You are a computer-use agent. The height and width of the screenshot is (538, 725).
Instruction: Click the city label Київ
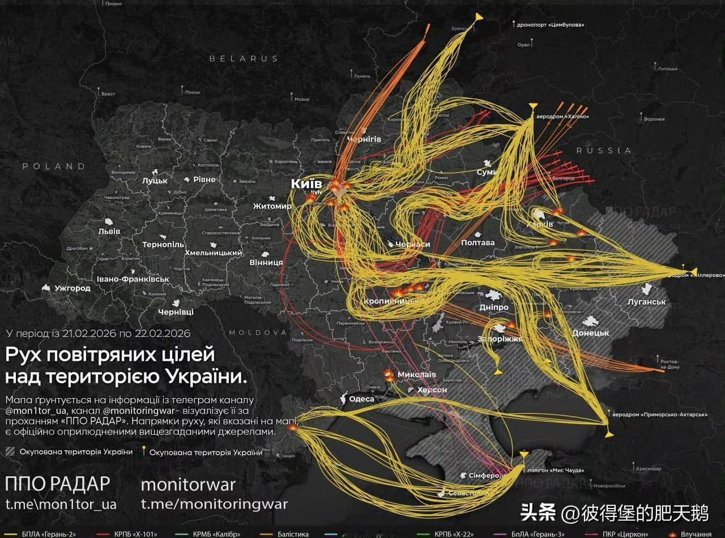click(x=306, y=184)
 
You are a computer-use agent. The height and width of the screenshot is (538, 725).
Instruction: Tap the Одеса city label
click(x=361, y=399)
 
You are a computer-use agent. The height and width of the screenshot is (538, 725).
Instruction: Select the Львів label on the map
click(x=109, y=232)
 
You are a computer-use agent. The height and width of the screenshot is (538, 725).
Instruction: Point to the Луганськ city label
click(x=646, y=302)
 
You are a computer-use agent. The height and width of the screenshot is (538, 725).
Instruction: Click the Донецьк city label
click(x=591, y=332)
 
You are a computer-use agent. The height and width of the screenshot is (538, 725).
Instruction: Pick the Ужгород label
click(x=72, y=288)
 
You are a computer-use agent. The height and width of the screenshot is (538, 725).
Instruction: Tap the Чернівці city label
click(x=176, y=312)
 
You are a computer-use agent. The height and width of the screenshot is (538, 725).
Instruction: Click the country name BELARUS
click(x=244, y=58)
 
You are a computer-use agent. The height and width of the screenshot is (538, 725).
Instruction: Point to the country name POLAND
click(x=54, y=166)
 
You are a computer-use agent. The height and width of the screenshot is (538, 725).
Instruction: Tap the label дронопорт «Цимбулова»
click(x=551, y=25)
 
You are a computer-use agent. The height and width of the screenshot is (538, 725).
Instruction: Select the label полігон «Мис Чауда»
click(x=556, y=470)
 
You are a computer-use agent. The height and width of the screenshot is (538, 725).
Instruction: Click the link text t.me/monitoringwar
click(x=214, y=504)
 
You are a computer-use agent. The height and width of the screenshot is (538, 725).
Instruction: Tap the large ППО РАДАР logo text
click(x=57, y=484)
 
